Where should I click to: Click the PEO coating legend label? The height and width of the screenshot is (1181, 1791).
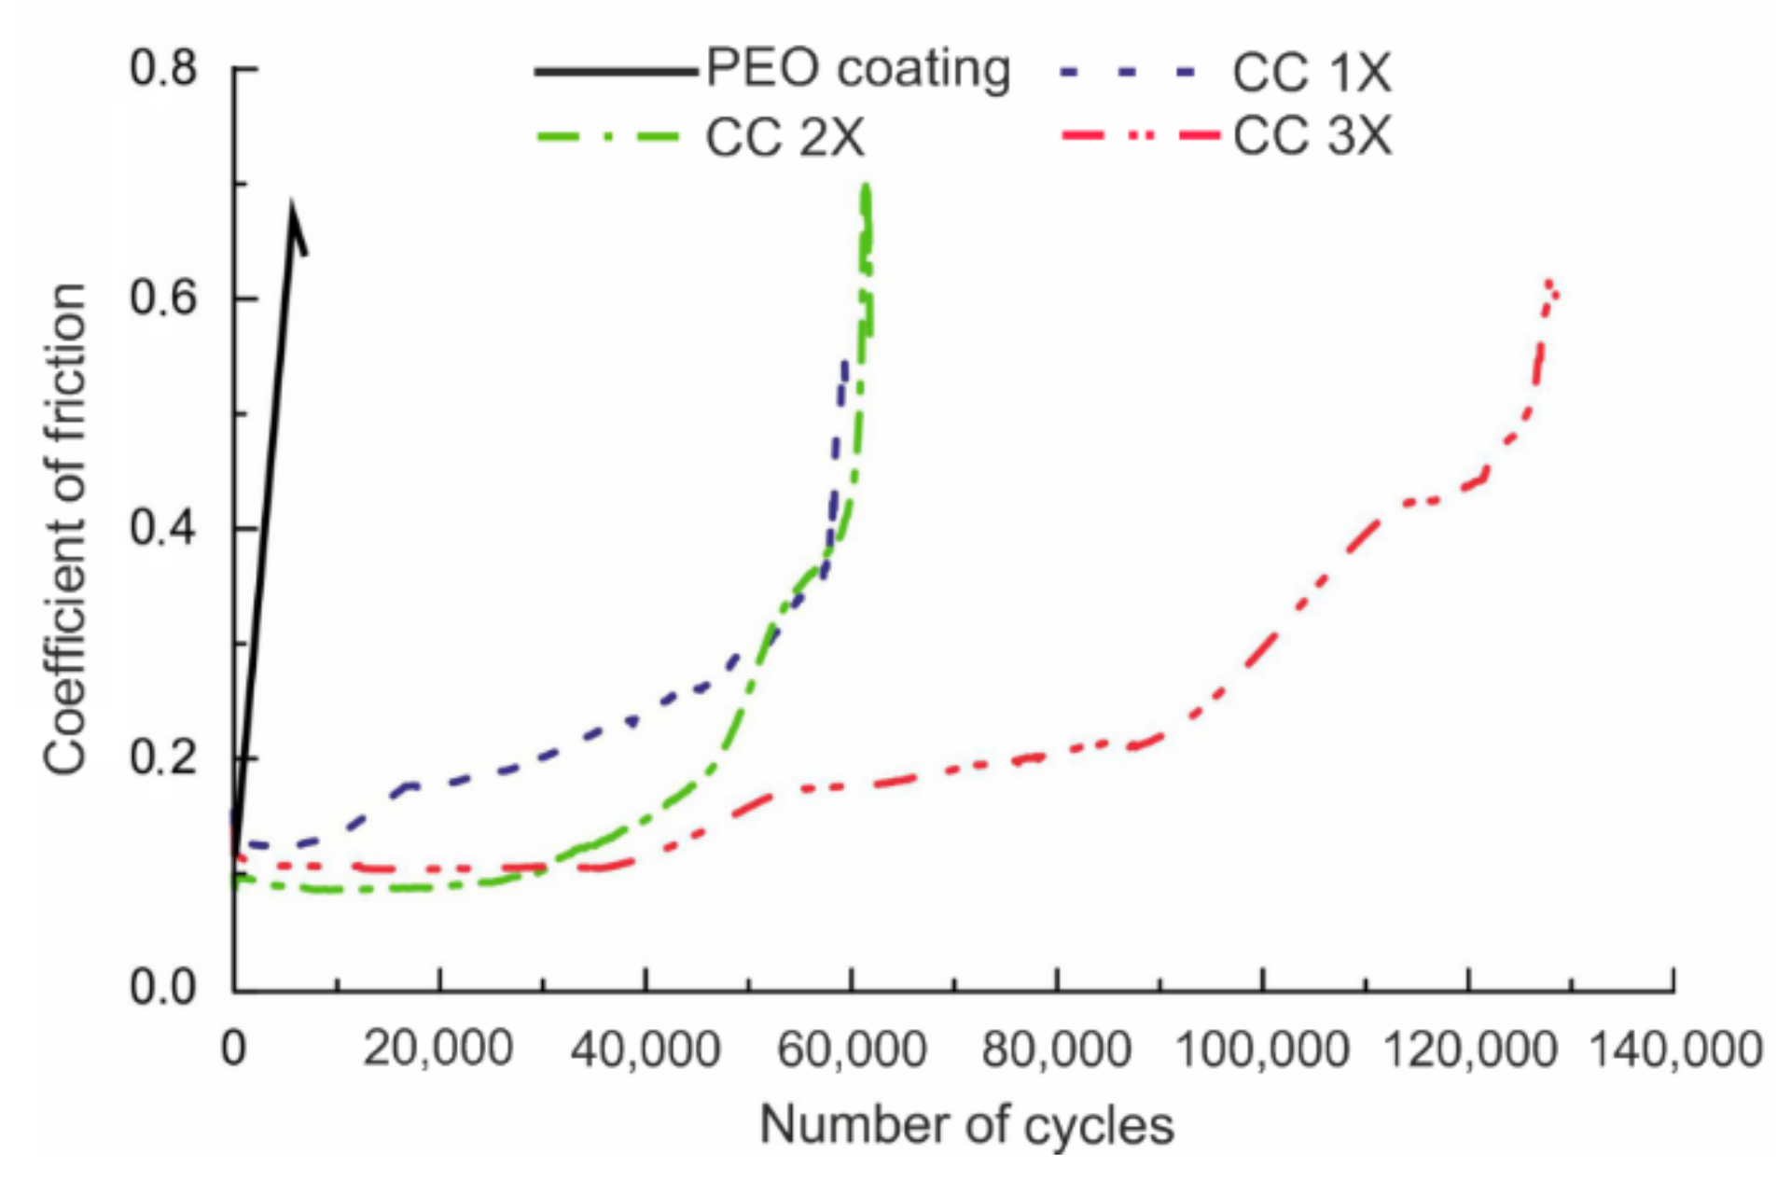[857, 70]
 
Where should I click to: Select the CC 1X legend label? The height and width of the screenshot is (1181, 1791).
[1311, 73]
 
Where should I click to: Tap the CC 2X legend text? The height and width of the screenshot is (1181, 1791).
[784, 138]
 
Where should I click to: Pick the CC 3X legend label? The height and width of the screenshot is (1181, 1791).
[1311, 137]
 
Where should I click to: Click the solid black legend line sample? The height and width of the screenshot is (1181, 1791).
[615, 71]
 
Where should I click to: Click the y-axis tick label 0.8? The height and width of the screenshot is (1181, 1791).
[164, 68]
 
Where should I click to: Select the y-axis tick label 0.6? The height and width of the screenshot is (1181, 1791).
[164, 298]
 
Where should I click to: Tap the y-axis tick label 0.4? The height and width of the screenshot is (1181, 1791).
[164, 528]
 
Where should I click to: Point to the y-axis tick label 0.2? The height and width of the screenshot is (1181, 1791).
[164, 757]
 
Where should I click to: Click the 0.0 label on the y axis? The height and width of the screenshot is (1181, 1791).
[164, 988]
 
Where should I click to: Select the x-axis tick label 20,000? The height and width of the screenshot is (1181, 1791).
[437, 1049]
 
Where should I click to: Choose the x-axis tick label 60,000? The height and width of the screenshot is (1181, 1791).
[851, 1049]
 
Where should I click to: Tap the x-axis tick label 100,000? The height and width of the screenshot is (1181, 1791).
[1262, 1049]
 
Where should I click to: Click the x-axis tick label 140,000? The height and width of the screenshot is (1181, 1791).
[1674, 1049]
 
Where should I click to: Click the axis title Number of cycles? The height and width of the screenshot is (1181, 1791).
[966, 1125]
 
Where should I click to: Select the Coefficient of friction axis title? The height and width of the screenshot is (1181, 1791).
[65, 528]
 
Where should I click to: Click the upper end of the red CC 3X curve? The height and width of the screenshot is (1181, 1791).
[1548, 282]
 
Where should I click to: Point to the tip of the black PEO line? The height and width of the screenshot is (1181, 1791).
[292, 203]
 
